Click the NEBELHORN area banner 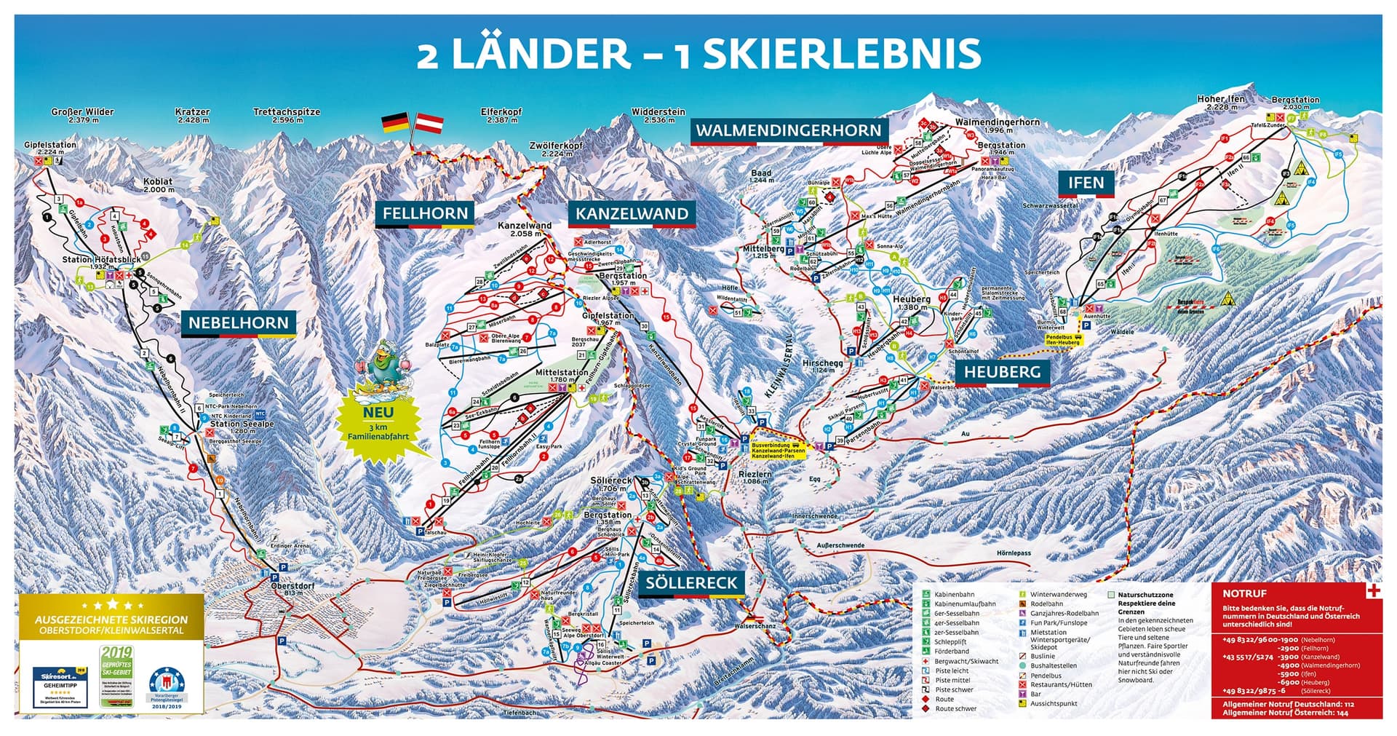point(239,323)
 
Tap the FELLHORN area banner point(425,214)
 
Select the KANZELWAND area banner point(632,214)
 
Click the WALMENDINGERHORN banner point(788,131)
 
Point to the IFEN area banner point(1086,183)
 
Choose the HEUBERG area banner point(1002,372)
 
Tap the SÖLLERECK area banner point(691,582)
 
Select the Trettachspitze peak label point(287,116)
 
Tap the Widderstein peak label point(658,116)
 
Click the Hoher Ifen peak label point(1221,103)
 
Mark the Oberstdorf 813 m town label point(287,589)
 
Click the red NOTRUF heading point(1245,593)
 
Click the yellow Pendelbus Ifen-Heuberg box point(1063,340)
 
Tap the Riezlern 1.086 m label point(755,478)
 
